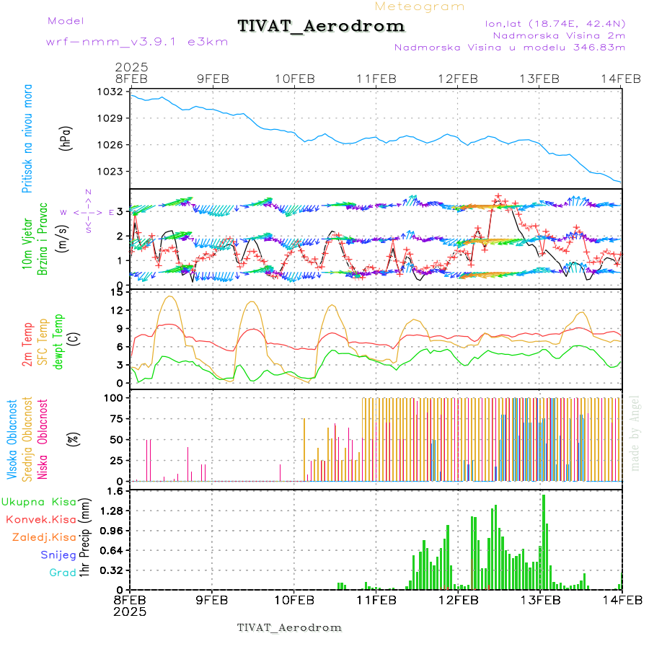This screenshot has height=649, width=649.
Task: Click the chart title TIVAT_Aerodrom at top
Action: pyautogui.click(x=321, y=26)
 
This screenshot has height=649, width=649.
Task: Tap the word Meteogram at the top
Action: pyautogui.click(x=420, y=6)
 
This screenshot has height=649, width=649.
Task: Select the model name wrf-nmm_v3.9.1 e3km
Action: pyautogui.click(x=137, y=41)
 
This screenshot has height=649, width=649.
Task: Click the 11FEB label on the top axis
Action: pyautogui.click(x=376, y=79)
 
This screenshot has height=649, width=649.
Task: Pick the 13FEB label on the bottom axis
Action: pyautogui.click(x=540, y=599)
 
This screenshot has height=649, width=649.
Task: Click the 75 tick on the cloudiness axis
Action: pyautogui.click(x=113, y=418)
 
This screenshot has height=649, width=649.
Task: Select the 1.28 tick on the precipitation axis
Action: pyautogui.click(x=110, y=511)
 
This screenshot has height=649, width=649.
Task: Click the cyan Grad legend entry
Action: pyautogui.click(x=62, y=573)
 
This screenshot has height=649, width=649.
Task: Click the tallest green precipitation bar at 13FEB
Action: pyautogui.click(x=543, y=541)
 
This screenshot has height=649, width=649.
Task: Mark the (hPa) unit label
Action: pyautogui.click(x=66, y=137)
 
